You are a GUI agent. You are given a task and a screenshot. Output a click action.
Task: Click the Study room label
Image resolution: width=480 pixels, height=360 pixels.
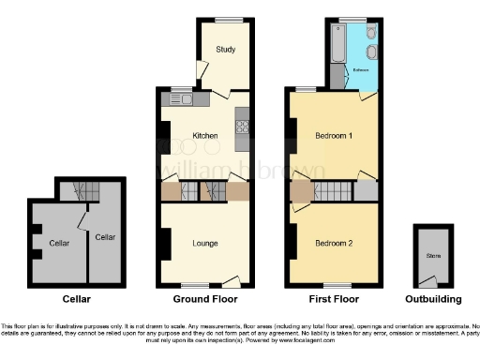coord(225,50)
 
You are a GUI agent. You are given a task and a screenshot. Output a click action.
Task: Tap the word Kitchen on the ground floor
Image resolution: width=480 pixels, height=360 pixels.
coord(205,136)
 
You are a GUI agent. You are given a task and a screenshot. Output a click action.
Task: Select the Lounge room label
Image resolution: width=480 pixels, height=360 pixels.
coord(205,244)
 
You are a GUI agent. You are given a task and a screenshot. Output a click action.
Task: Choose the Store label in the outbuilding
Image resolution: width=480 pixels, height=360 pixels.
coord(432,254)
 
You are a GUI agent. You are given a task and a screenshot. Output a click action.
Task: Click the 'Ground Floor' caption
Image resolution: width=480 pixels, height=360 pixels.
coord(203,300)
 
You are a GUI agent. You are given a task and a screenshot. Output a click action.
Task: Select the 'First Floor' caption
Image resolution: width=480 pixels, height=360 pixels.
coord(333,300)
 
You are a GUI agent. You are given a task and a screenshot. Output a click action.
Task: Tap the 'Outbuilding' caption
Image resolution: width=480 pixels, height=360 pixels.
coord(432,300)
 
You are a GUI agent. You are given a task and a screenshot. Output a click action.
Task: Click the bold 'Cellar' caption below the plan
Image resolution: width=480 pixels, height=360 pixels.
coord(76,300)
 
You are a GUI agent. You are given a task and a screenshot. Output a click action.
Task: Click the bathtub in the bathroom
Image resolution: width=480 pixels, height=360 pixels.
coord(337,42)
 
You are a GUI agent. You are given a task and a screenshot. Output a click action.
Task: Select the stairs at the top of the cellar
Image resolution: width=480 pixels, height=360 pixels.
coord(77,190)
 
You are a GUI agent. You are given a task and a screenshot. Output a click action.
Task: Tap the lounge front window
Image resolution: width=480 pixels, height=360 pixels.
coord(195,285)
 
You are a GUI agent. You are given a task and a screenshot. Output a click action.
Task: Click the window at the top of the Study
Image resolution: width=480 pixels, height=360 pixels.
coord(226,20)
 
